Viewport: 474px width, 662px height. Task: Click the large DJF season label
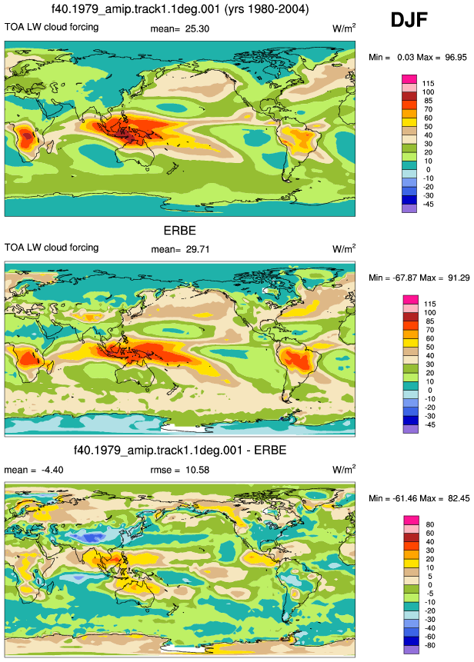(409, 20)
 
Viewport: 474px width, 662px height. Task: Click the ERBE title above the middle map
(180, 231)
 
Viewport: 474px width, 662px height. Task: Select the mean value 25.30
(197, 28)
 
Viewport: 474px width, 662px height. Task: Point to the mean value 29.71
(198, 249)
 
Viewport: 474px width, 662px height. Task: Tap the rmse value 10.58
(197, 470)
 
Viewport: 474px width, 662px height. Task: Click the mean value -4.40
(52, 470)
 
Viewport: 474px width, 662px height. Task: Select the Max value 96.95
(456, 57)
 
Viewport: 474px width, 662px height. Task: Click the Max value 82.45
(459, 498)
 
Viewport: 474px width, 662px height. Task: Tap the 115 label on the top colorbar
(428, 84)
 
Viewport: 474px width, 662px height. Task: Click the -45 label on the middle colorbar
(429, 424)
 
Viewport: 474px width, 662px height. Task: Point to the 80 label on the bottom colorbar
(430, 524)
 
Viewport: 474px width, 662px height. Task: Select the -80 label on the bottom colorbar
(429, 645)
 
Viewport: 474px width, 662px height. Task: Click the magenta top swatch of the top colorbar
(409, 79)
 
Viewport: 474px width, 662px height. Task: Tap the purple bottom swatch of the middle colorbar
(411, 429)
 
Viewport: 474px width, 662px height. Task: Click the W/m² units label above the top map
(344, 28)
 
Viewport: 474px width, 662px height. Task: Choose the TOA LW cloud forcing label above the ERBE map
(52, 248)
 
